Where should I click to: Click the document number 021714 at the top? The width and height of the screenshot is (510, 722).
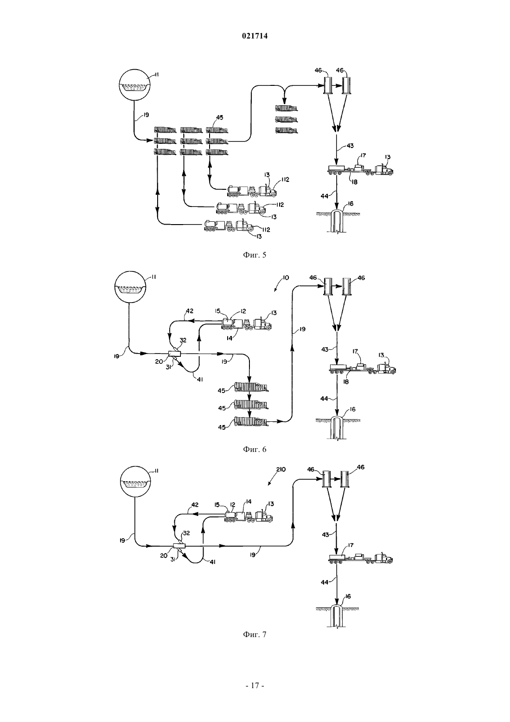click(255, 36)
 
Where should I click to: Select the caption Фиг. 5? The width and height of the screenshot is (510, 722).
click(255, 255)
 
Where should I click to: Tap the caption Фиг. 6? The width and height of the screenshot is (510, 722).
click(255, 449)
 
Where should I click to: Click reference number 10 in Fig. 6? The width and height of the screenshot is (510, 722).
click(286, 277)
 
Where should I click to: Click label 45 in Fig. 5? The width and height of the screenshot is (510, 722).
click(220, 118)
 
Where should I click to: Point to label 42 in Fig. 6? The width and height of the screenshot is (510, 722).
click(190, 311)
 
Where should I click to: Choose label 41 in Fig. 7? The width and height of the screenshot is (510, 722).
click(212, 562)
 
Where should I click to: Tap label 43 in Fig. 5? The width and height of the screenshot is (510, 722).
click(350, 146)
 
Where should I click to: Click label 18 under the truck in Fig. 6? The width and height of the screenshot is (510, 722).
click(347, 381)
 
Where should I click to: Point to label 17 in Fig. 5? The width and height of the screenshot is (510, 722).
click(363, 156)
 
